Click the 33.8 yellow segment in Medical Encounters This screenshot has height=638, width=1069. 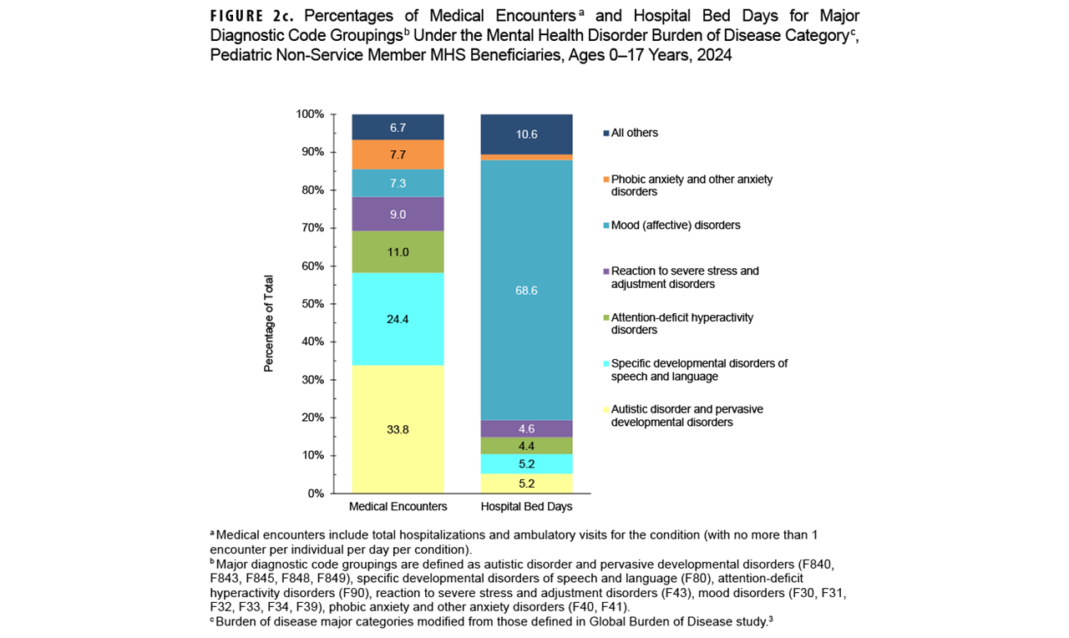[398, 429]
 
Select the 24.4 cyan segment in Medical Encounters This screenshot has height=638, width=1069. [398, 319]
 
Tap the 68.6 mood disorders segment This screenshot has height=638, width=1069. [526, 290]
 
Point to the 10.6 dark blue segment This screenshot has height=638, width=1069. [526, 134]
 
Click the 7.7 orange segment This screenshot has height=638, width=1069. [398, 154]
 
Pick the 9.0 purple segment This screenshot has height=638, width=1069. [398, 214]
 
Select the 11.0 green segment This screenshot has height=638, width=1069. [398, 251]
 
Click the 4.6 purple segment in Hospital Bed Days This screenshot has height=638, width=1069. [526, 428]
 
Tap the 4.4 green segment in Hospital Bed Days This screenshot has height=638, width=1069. [526, 445]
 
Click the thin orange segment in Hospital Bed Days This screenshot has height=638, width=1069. [526, 157]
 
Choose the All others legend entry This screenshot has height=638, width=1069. [634, 133]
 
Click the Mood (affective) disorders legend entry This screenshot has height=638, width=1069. [675, 225]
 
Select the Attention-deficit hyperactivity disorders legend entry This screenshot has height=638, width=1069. [681, 323]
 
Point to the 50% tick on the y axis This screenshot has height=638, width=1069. [314, 304]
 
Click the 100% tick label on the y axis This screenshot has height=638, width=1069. [311, 114]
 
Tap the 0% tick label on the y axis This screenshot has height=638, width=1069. [317, 494]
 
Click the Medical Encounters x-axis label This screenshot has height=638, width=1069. [398, 507]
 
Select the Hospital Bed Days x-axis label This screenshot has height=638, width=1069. [526, 507]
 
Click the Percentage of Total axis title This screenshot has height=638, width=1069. [269, 323]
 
